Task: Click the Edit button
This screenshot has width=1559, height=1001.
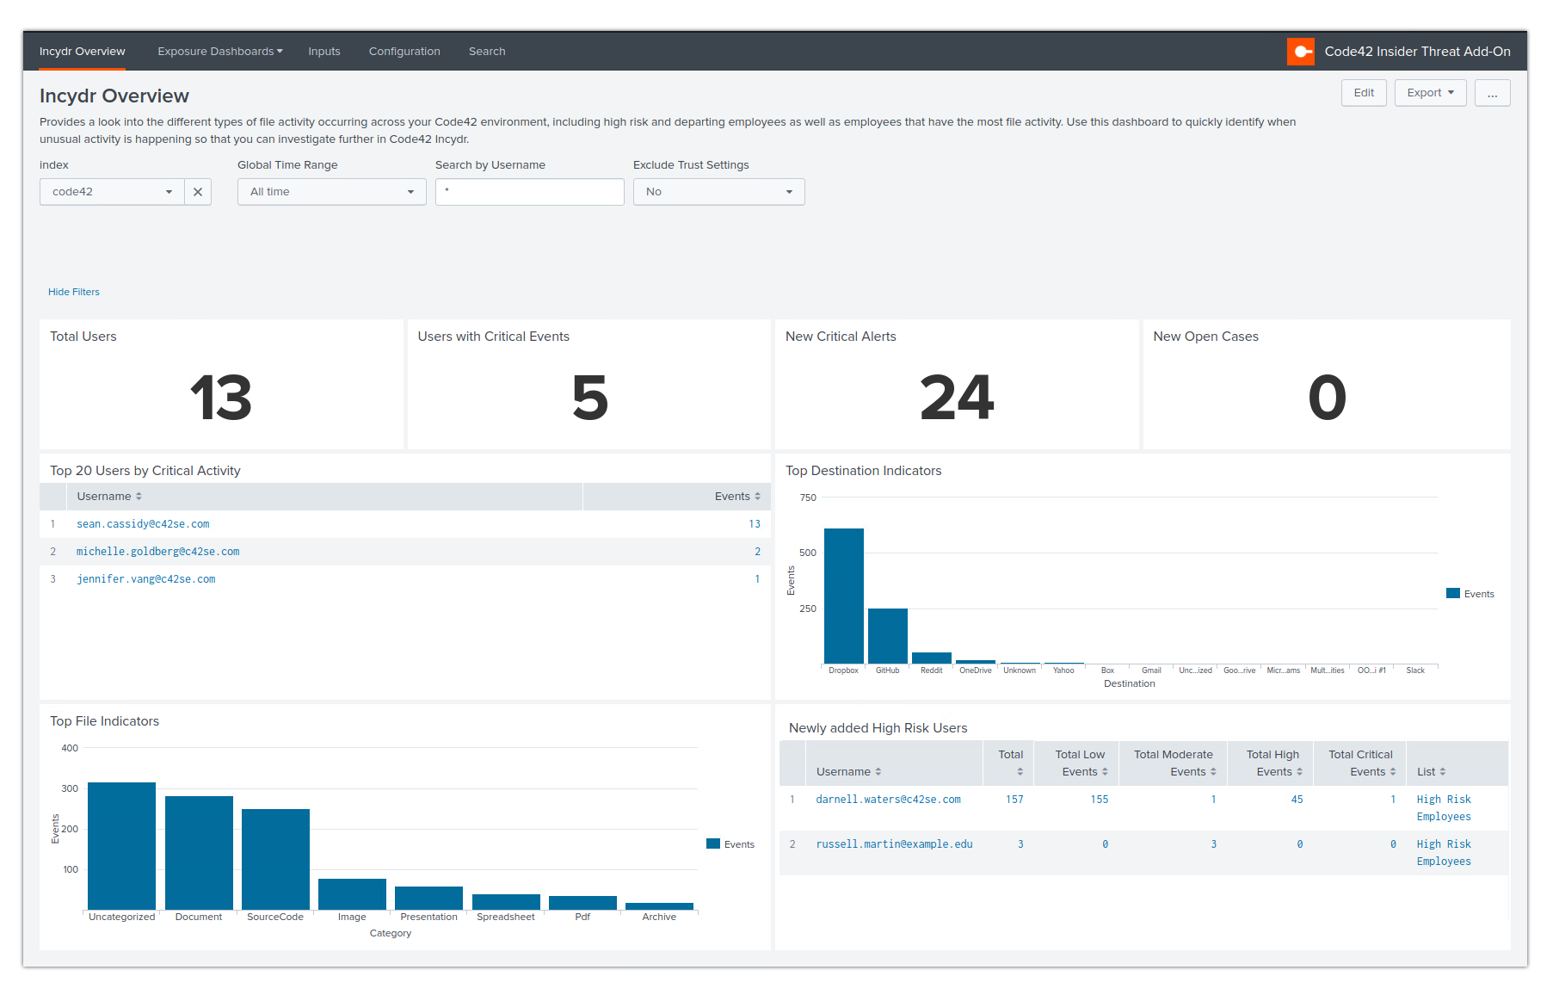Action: point(1363,93)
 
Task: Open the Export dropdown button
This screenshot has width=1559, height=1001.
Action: point(1430,93)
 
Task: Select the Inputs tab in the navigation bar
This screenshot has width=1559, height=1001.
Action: point(324,52)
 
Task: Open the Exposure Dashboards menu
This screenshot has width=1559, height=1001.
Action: point(219,52)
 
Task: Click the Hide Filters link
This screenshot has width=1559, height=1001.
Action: point(74,292)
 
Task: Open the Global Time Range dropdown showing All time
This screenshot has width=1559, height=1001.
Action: point(331,192)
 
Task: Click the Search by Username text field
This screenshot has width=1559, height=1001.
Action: point(529,192)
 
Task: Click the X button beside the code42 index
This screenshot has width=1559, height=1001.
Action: point(198,192)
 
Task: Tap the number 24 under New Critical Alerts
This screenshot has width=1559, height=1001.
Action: point(956,399)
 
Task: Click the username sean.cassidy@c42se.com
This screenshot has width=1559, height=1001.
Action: point(143,524)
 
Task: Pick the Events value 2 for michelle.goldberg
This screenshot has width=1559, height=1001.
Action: point(757,552)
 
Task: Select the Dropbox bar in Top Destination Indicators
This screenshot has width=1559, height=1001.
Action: point(843,596)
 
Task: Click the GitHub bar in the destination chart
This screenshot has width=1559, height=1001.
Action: point(887,636)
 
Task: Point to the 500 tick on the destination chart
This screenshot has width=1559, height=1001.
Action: point(808,553)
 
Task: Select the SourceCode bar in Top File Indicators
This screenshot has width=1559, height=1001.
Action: point(275,859)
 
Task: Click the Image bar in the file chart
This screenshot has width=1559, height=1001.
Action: point(352,894)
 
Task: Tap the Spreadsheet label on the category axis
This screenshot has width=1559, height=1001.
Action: point(505,917)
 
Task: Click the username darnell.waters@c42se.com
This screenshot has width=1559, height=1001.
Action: point(888,800)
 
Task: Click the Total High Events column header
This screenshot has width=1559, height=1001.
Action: point(1273,763)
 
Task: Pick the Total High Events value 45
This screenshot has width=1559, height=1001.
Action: point(1297,800)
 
